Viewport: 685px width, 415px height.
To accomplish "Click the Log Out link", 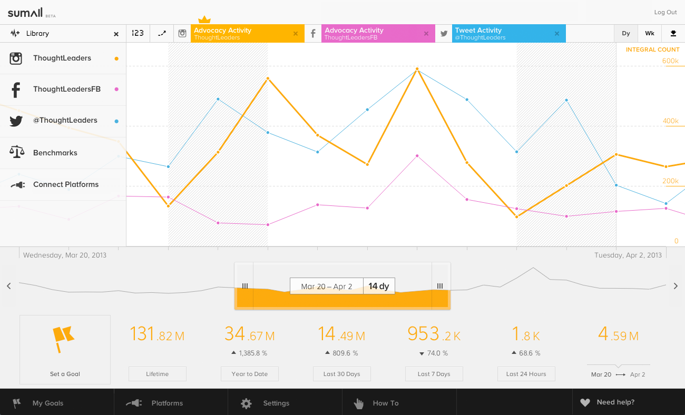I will (665, 12).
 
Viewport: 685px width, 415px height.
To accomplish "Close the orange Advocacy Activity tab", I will (295, 34).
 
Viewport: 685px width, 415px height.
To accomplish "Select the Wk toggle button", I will (649, 33).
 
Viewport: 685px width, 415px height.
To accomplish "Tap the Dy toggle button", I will (625, 33).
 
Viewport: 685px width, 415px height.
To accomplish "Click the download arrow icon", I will (673, 33).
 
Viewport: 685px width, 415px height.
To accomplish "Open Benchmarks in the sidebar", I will (55, 153).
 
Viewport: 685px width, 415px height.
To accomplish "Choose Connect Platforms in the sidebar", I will (65, 184).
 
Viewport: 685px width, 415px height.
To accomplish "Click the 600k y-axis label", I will (670, 61).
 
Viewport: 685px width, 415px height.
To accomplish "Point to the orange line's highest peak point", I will (417, 69).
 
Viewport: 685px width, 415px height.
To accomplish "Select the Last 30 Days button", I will (341, 374).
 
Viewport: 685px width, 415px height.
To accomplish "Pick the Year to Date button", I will (249, 374).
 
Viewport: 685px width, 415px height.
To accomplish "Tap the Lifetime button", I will (157, 374).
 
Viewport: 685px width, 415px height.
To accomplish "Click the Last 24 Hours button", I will (526, 374).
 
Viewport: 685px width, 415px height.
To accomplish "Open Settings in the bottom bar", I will (276, 403).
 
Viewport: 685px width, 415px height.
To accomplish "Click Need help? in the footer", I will (615, 402).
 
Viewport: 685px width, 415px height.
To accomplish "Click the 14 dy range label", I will (378, 286).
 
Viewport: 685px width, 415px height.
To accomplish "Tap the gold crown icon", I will (204, 20).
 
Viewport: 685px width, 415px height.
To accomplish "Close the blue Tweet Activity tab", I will (556, 34).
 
